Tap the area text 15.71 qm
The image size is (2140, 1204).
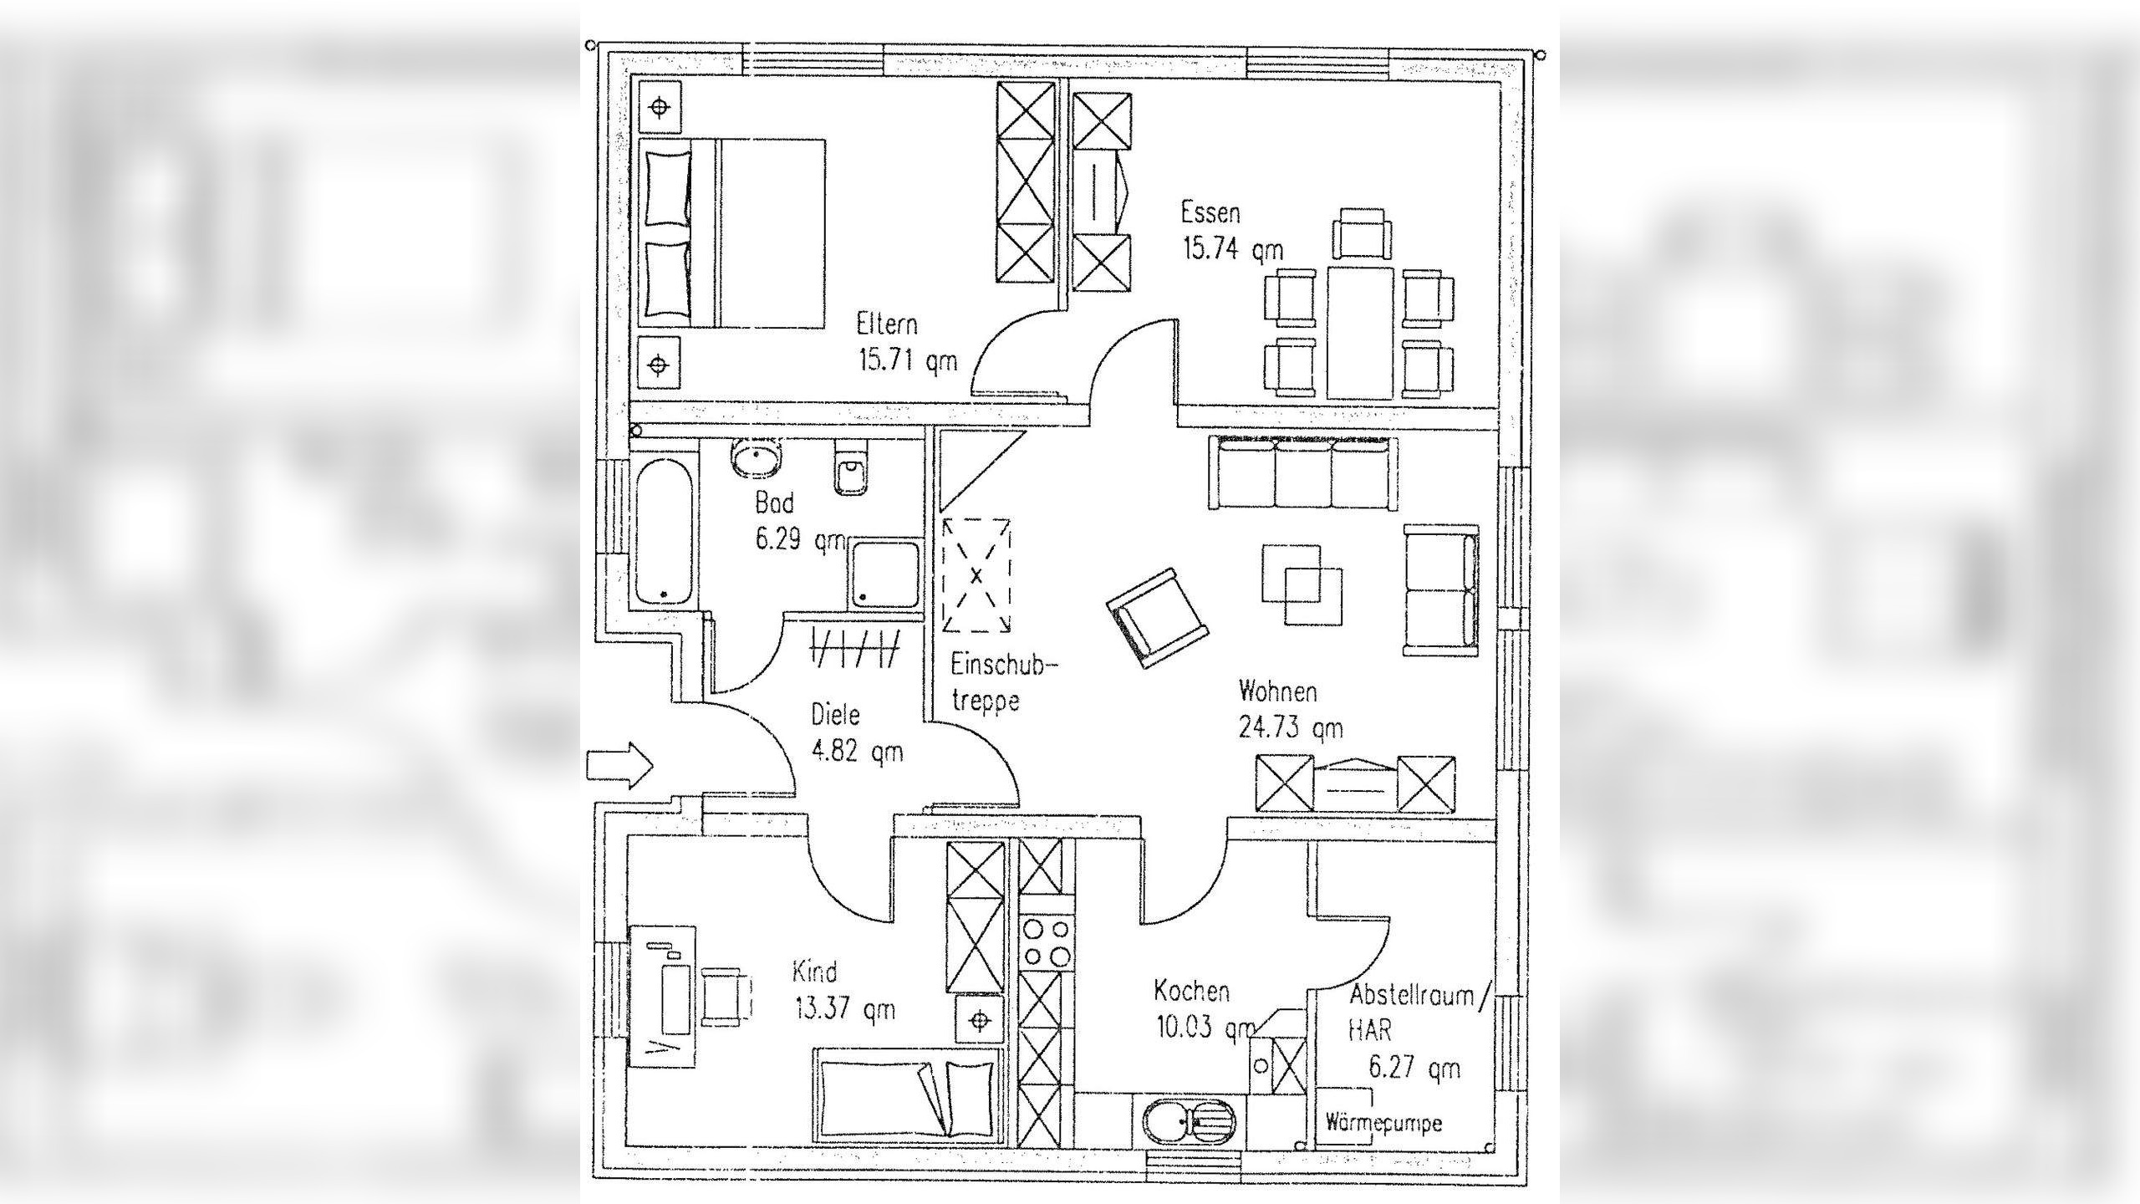tap(907, 361)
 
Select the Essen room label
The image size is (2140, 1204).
tap(1210, 212)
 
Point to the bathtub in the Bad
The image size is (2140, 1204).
tap(664, 531)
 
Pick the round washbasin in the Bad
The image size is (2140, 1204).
tap(757, 459)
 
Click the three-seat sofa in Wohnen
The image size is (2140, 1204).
tap(1302, 473)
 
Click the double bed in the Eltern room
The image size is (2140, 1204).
tap(732, 233)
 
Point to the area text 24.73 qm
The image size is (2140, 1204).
tap(1290, 728)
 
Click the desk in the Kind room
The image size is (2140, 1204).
tap(661, 994)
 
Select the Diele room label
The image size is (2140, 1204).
tap(835, 715)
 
